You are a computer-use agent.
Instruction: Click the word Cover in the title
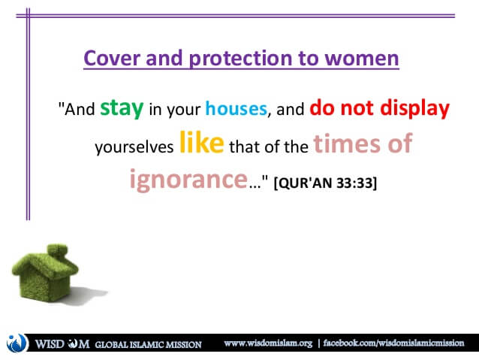[x=112, y=58]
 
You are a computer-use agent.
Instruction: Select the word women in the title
[x=362, y=59]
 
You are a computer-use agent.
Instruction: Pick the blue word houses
[x=236, y=108]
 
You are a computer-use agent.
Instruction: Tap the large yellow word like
[x=202, y=142]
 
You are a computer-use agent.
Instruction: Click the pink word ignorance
[x=188, y=180]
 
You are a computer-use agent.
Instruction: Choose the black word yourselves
[x=134, y=147]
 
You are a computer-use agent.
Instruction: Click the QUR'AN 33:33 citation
[x=325, y=183]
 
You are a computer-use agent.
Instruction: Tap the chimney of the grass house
[x=57, y=250]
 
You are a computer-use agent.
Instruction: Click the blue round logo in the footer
[x=17, y=343]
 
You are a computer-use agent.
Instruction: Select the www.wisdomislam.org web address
[x=268, y=343]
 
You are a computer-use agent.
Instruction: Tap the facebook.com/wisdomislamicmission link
[x=393, y=343]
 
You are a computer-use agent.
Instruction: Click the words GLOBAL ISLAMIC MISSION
[x=148, y=345]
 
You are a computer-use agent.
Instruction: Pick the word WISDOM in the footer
[x=62, y=344]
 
